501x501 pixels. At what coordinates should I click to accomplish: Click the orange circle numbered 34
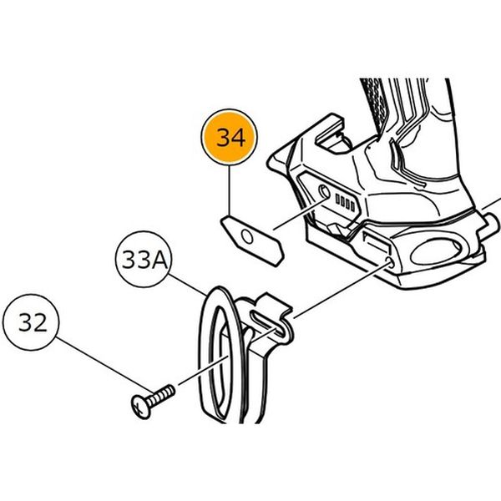click(230, 139)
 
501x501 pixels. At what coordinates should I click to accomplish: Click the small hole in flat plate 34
click(245, 240)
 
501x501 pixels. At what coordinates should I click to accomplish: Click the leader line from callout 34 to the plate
click(230, 192)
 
